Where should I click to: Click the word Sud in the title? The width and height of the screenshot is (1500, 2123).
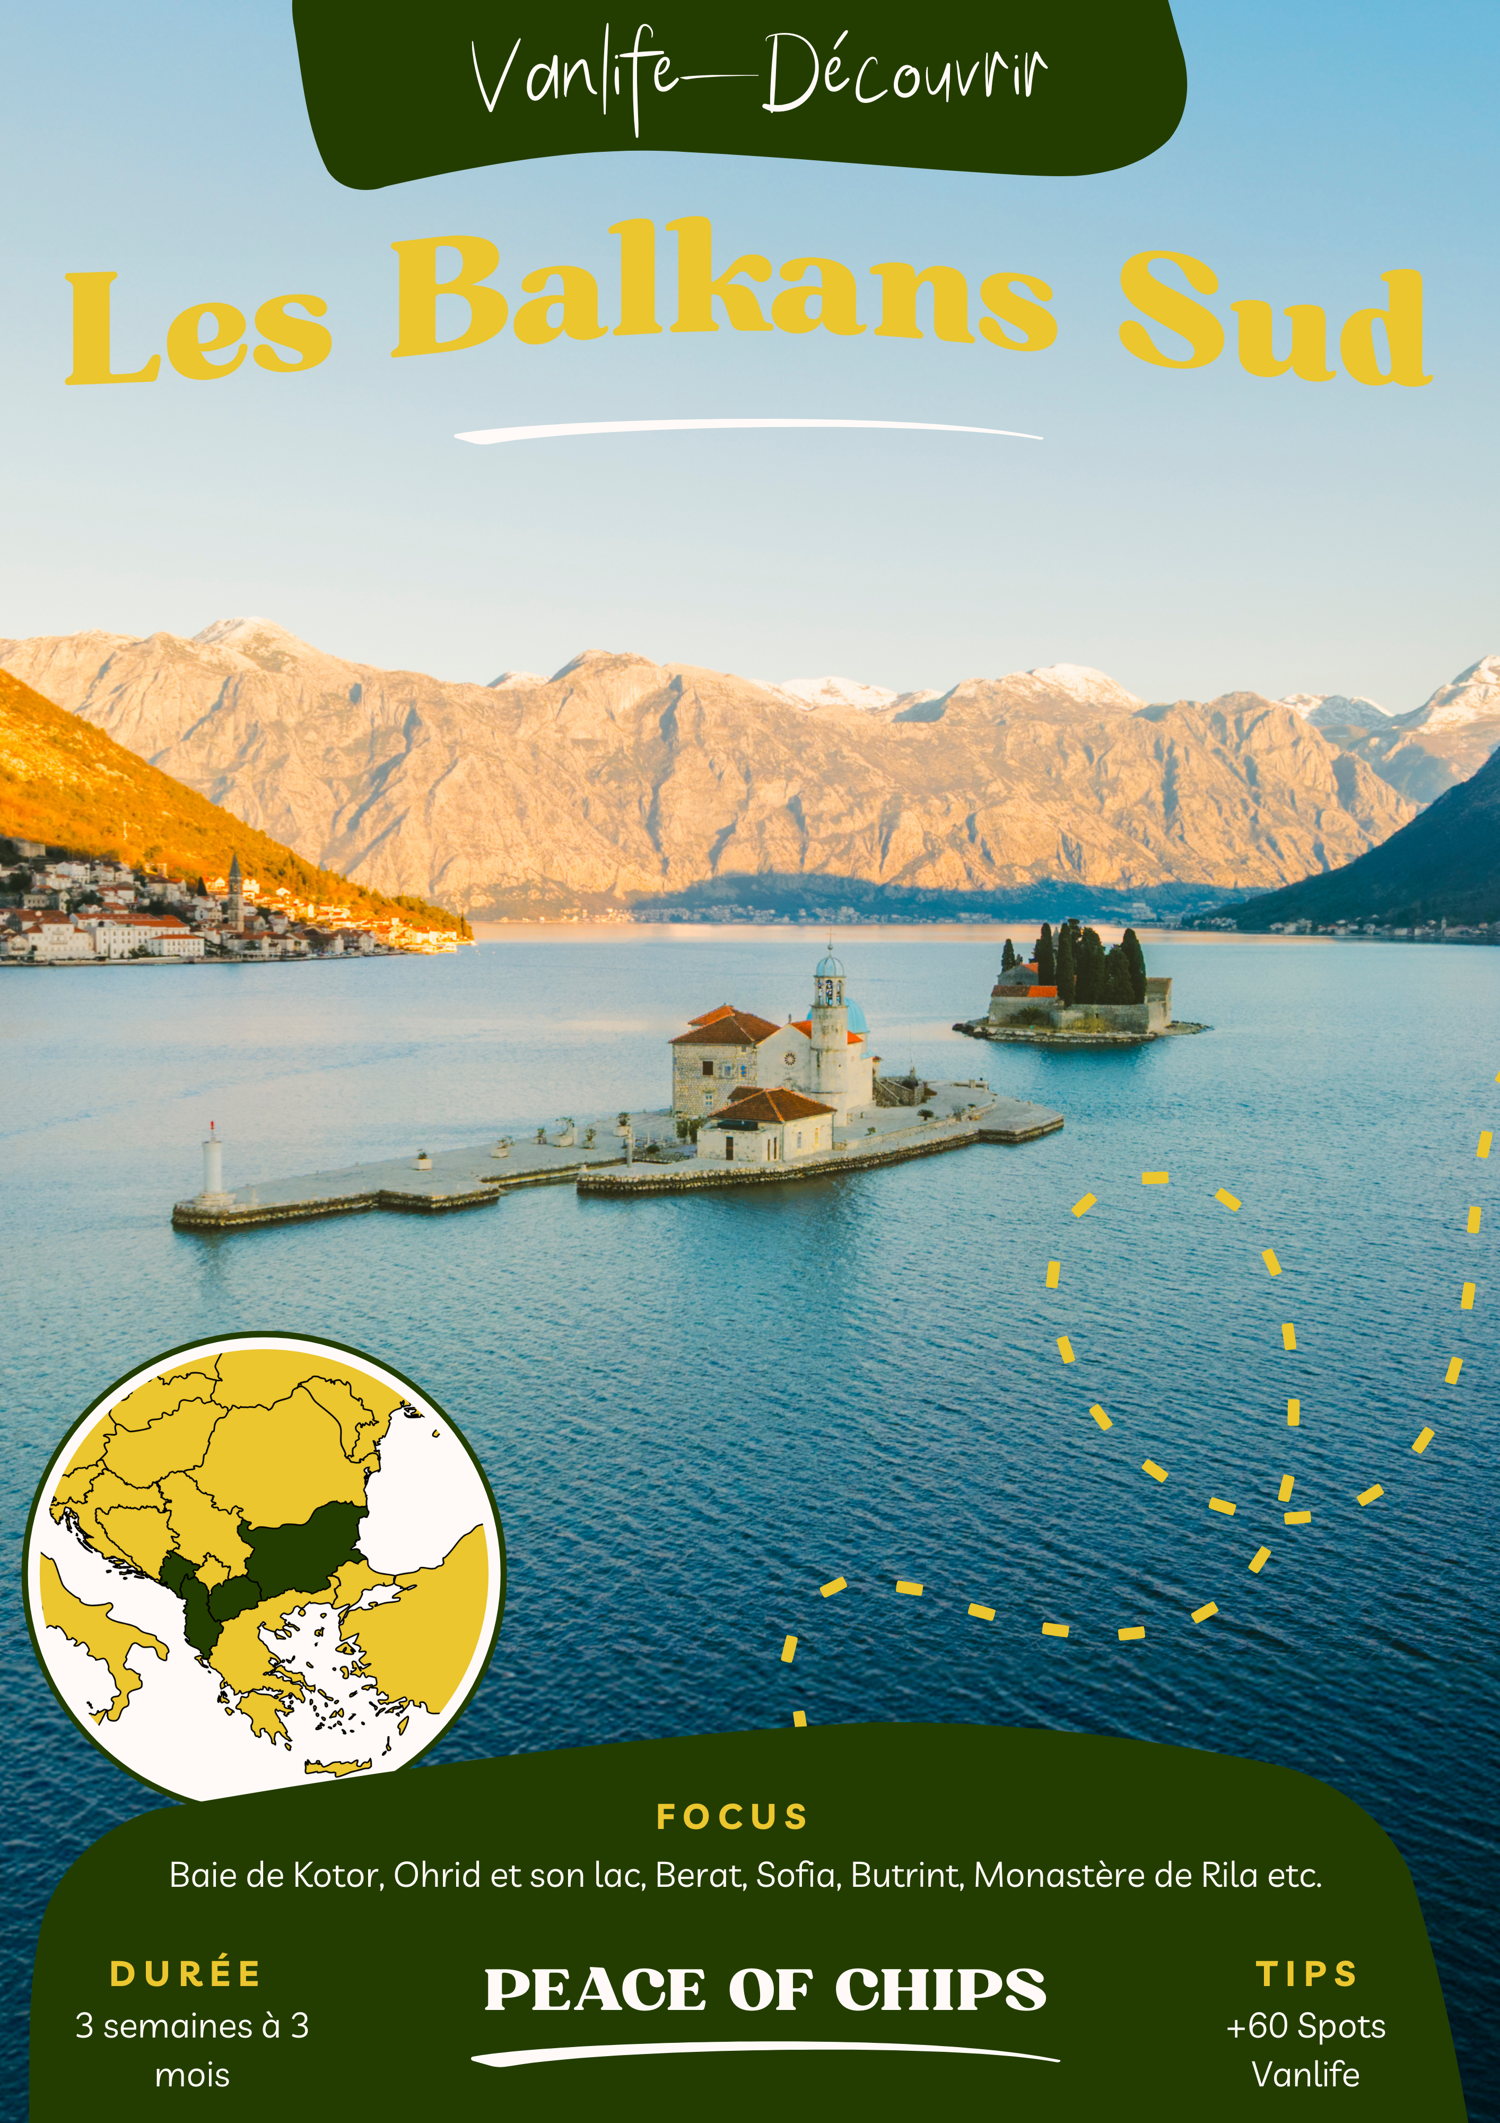click(1274, 324)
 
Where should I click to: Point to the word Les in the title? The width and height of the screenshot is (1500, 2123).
click(199, 328)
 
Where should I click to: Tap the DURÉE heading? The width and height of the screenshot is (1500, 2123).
click(186, 1974)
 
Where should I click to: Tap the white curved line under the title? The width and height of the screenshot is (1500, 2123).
click(748, 430)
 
